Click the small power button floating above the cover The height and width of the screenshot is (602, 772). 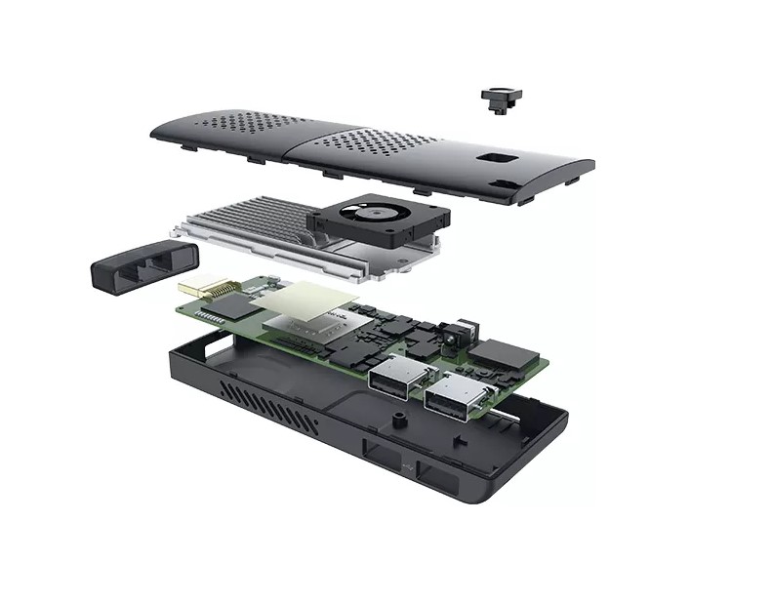(502, 99)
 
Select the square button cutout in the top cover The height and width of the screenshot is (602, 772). (494, 159)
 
